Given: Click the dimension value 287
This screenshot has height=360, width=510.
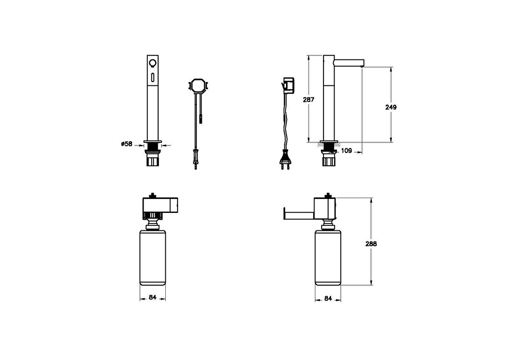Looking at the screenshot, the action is click(309, 99).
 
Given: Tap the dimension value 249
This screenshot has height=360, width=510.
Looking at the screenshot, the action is click(391, 107).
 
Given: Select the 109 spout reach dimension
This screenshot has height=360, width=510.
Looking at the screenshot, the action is click(346, 150).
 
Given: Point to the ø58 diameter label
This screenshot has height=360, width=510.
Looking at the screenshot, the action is click(127, 144).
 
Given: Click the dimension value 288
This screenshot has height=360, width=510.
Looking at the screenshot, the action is click(371, 244).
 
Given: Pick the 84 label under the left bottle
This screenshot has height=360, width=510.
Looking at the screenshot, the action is click(153, 297).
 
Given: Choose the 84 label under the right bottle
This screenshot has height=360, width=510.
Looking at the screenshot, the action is click(328, 298).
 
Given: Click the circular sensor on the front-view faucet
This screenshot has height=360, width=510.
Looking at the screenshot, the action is click(153, 62).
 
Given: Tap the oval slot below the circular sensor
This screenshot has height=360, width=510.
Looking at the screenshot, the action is click(153, 77).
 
